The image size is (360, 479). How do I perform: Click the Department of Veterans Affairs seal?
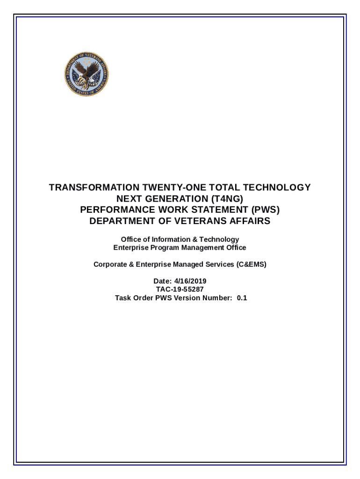(x=86, y=74)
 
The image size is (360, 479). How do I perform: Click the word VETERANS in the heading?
(x=197, y=221)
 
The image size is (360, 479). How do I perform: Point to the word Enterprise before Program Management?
(x=130, y=247)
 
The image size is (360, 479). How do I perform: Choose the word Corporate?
(x=110, y=264)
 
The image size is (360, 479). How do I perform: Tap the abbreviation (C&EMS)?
(x=251, y=264)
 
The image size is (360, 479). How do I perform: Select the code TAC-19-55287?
(x=180, y=289)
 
